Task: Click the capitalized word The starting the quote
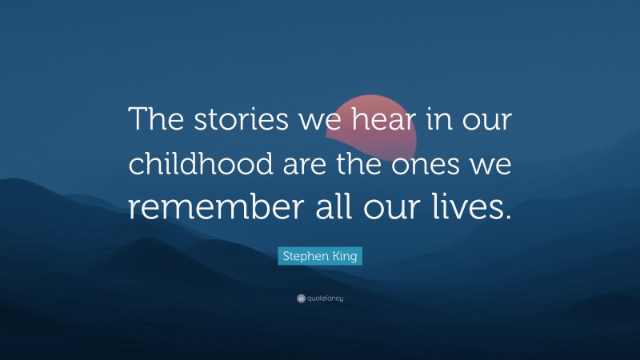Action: click(156, 122)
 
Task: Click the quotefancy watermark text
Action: click(325, 298)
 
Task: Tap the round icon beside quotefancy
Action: click(301, 298)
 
